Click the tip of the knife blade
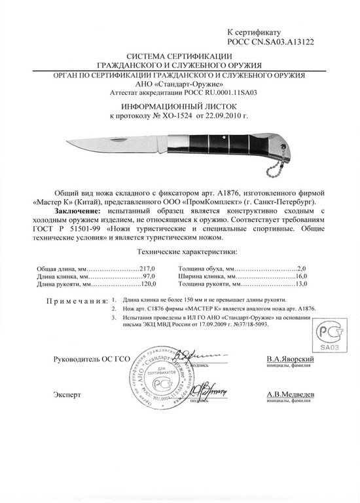(x=66, y=140)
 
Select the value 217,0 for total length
(x=151, y=269)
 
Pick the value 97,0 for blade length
(x=152, y=276)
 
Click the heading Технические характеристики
(x=179, y=251)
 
